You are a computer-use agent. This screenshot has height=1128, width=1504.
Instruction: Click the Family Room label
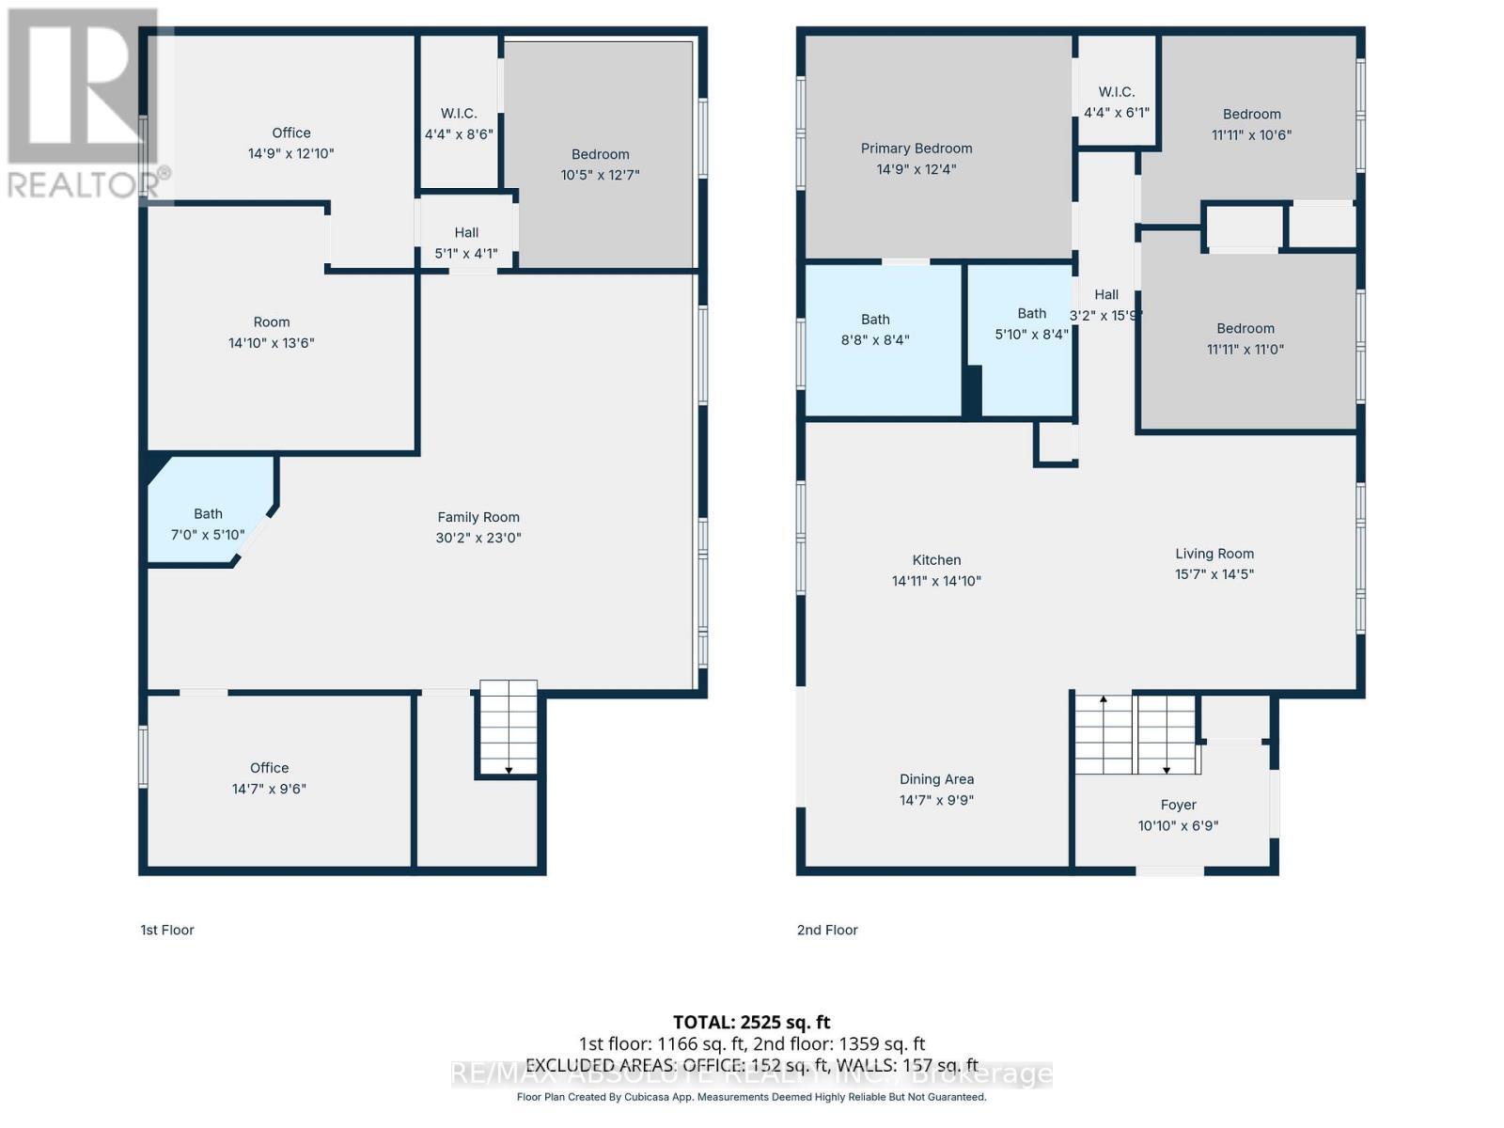pos(478,517)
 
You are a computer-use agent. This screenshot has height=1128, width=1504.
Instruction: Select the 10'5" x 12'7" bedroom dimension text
pos(600,175)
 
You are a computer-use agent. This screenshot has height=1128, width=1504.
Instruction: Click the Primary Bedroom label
pos(916,149)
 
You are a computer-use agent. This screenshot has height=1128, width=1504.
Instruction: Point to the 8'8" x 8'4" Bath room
pos(875,329)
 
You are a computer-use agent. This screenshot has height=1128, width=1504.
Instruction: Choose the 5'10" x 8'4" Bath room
pos(1031,322)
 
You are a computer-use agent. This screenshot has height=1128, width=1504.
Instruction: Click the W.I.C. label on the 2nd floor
pos(1116,92)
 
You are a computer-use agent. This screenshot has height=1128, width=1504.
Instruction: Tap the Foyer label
pos(1178,805)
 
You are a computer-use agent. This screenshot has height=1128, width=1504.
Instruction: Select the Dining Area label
pos(936,779)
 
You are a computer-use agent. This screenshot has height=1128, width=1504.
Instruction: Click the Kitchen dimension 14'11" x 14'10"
pos(936,581)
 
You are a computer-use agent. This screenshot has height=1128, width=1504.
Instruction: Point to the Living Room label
pos(1214,554)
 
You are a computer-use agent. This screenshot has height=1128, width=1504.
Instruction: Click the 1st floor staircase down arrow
pos(509,770)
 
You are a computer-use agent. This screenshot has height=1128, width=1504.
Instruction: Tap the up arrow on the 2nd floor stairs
pos(1104,700)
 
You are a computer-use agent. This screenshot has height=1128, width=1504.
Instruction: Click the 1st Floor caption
pos(167,930)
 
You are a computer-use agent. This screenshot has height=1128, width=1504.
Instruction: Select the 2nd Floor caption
pos(827,930)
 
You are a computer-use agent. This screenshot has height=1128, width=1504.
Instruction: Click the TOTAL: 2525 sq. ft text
pos(751,1022)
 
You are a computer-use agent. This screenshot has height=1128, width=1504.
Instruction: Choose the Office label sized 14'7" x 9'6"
pos(269,768)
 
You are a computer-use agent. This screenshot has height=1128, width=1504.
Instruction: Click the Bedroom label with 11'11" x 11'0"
pos(1245,328)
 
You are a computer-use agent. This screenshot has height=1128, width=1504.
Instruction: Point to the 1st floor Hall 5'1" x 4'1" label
pos(466,233)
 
